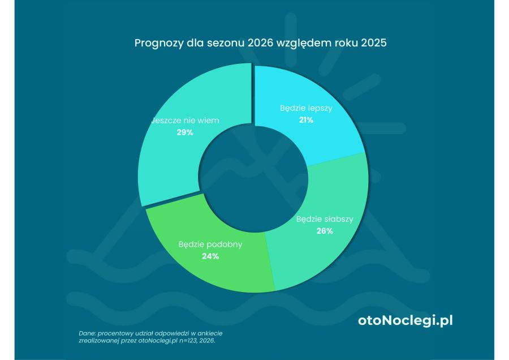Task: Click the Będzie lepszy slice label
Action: point(306,108)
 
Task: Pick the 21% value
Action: point(306,120)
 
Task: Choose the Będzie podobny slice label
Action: point(210,245)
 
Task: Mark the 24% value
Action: point(210,256)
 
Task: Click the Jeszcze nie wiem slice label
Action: point(185,120)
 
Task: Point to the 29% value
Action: point(185,132)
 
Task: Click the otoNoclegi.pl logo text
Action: point(405,320)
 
